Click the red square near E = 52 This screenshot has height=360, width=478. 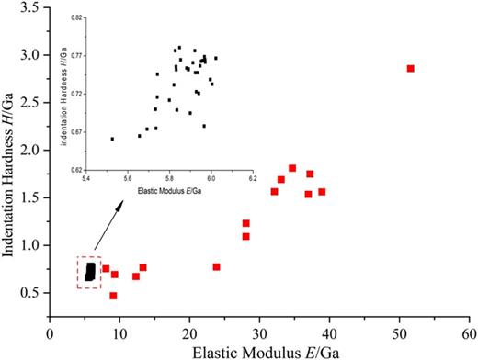tap(411, 68)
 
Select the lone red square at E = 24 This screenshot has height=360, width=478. tap(217, 266)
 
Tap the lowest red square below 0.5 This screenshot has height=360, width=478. tap(114, 296)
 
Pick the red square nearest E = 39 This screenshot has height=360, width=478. tap(322, 192)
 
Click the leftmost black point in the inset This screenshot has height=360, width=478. tap(112, 139)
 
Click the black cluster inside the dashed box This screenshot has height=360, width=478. tap(90, 271)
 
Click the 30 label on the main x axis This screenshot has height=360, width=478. tap(259, 326)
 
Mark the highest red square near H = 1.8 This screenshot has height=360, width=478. tap(292, 168)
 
